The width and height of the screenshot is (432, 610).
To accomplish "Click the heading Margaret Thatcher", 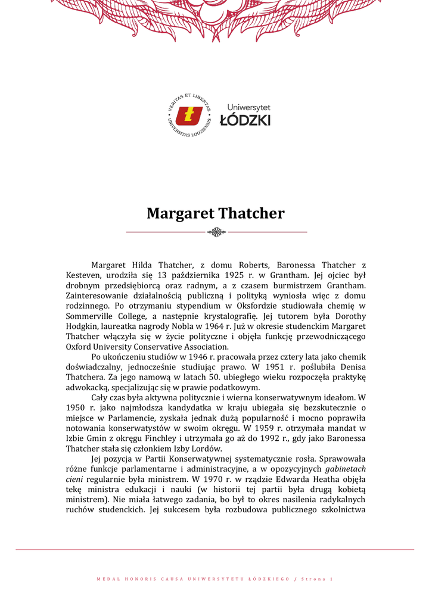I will coord(216,213).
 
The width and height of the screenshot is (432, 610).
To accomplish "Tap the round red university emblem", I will coord(189,116).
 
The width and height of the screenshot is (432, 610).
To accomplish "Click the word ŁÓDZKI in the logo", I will coord(245,120).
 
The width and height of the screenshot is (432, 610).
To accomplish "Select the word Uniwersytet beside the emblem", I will coord(248,107).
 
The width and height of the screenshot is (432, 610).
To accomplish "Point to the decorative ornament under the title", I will coord(216,232).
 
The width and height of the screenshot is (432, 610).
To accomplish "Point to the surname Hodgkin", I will coord(83,326).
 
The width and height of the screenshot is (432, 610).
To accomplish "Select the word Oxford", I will coord(79,347).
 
